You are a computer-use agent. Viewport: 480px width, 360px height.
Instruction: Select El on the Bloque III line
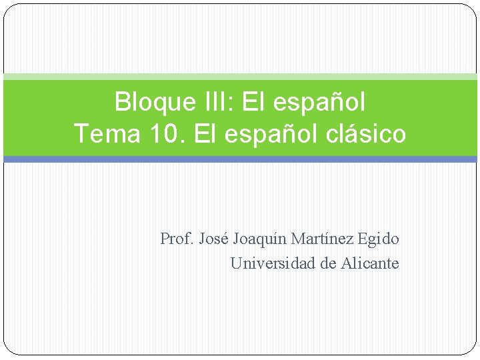point(253,103)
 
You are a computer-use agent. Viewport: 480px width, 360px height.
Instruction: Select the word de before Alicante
point(329,263)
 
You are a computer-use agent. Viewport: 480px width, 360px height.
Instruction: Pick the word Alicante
point(370,263)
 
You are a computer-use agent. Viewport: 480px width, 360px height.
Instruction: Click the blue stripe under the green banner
point(240,159)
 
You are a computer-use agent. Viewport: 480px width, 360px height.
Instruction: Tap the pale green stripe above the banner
point(240,77)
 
